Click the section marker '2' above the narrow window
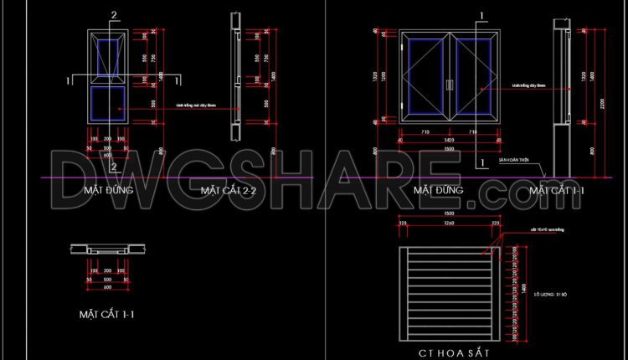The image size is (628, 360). [x=115, y=15]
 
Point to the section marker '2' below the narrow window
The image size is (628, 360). [x=115, y=167]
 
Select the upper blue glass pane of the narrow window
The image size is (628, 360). [x=107, y=57]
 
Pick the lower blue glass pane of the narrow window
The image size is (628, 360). [x=107, y=101]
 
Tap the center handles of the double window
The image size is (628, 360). [x=450, y=84]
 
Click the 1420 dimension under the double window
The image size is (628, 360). [x=450, y=140]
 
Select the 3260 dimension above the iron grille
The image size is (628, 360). [x=449, y=224]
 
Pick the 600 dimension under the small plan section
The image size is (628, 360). [x=107, y=287]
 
